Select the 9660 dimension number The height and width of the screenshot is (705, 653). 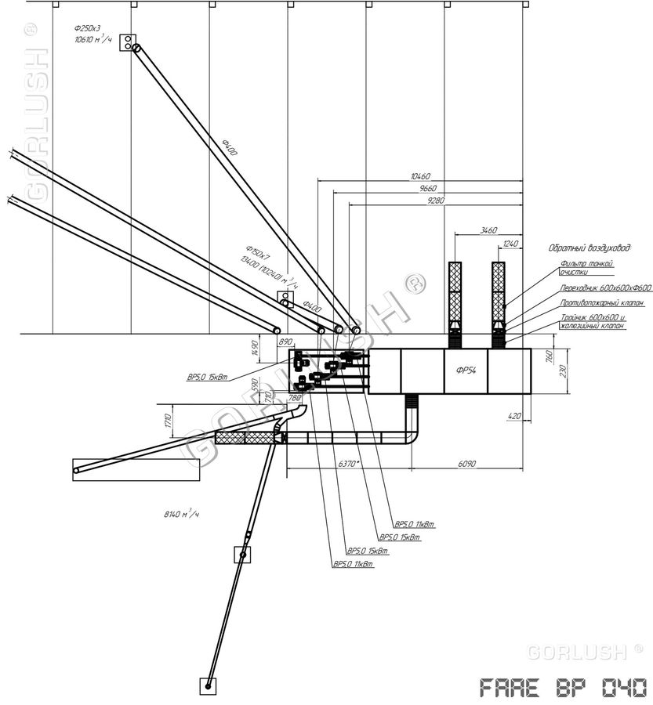[x=427, y=189]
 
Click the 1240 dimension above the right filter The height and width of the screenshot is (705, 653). [x=510, y=244]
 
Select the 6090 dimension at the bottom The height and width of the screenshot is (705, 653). [x=467, y=464]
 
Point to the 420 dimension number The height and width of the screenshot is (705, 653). [x=515, y=417]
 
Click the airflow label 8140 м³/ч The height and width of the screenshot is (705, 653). [x=182, y=514]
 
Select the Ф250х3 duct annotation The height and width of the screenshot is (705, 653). [x=87, y=27]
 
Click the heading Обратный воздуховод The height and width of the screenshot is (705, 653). [x=589, y=248]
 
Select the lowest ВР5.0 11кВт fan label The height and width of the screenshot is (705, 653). [x=352, y=565]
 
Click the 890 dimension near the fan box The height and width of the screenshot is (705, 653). [x=285, y=342]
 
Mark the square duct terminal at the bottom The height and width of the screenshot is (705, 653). [x=209, y=685]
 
